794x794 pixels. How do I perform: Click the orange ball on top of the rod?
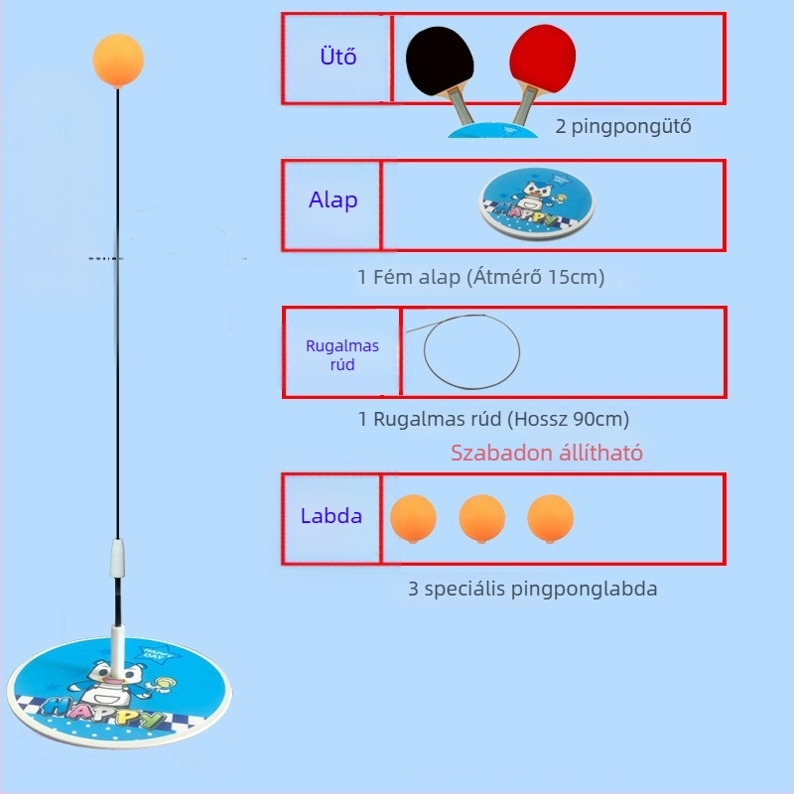118,60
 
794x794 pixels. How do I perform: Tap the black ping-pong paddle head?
440,61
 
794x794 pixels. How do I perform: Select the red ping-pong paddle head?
542,59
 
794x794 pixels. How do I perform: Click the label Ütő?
338,57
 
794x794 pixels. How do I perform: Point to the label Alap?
333,200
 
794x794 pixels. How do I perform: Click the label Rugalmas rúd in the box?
342,355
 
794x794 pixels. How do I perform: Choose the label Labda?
331,516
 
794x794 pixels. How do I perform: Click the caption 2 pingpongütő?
623,126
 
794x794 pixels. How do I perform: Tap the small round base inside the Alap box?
537,203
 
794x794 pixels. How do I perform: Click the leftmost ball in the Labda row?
413,518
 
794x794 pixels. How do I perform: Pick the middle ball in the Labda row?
481,518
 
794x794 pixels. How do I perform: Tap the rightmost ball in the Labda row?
551,518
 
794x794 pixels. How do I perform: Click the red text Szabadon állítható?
547,453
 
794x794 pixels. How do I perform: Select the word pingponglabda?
584,589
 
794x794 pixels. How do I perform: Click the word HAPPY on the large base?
102,712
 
